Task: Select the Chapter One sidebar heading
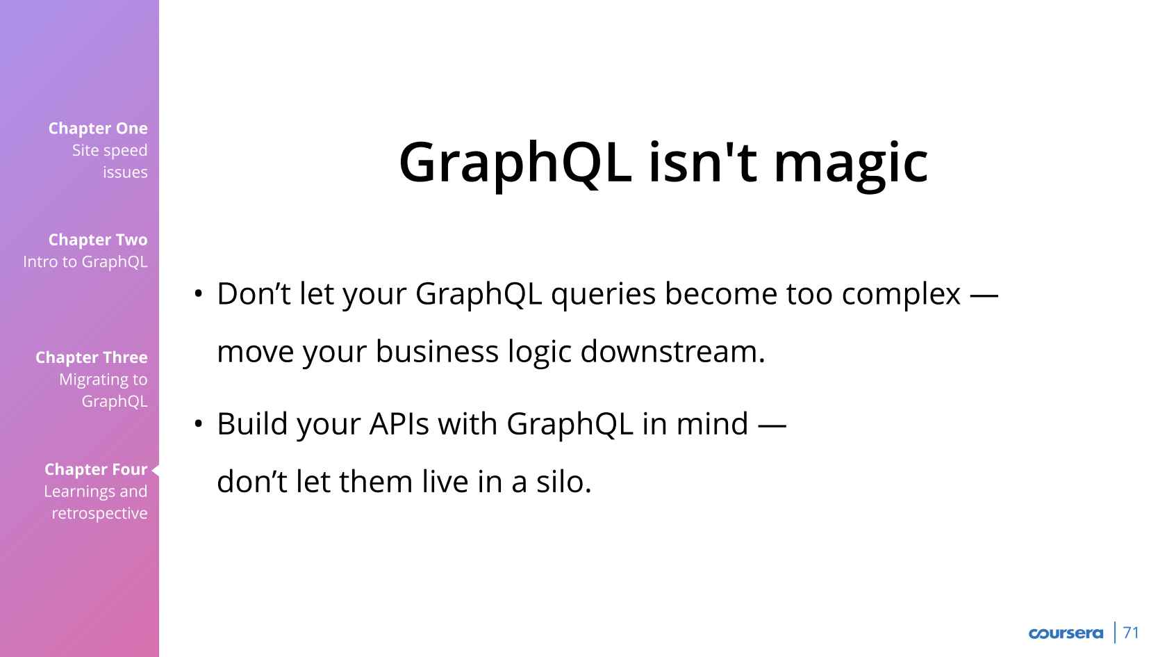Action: click(98, 128)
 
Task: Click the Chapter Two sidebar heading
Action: click(98, 240)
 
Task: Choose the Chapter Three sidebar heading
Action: click(92, 357)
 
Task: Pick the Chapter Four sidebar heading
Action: click(96, 469)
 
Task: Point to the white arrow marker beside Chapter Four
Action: click(156, 470)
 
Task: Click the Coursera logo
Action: click(1066, 633)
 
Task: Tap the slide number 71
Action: click(1132, 633)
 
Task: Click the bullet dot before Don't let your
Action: click(198, 294)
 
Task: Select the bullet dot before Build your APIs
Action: click(198, 424)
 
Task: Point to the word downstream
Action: click(672, 352)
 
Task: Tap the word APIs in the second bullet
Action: click(399, 423)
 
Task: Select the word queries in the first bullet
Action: click(603, 295)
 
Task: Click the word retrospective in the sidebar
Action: click(99, 514)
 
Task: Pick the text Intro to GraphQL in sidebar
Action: click(85, 261)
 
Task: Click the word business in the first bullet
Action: click(436, 352)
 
